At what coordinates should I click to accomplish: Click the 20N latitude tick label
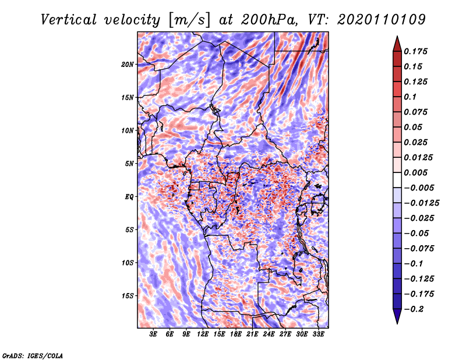(x=128, y=65)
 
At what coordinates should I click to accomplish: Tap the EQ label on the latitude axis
(x=129, y=197)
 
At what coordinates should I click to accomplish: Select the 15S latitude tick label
(x=128, y=296)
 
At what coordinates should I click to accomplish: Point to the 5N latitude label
(x=129, y=164)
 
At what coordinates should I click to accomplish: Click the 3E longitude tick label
(x=153, y=334)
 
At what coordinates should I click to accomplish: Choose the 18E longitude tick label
(x=236, y=334)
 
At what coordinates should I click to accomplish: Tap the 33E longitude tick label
(x=318, y=334)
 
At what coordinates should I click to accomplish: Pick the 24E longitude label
(x=269, y=334)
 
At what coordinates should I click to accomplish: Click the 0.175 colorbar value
(x=415, y=51)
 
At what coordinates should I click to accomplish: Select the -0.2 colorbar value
(x=414, y=309)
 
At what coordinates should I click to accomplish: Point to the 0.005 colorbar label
(x=415, y=172)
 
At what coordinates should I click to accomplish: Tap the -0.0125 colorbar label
(x=421, y=203)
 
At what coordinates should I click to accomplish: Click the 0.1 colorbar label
(x=410, y=97)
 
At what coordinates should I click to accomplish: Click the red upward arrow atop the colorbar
(x=397, y=44)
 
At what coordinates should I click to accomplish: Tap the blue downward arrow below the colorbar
(x=397, y=316)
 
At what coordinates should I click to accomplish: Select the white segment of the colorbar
(x=397, y=180)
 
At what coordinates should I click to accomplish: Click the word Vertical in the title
(x=69, y=20)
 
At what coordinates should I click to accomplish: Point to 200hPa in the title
(x=269, y=20)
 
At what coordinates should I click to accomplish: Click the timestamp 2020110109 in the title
(x=382, y=20)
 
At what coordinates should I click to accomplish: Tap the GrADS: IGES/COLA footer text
(x=33, y=355)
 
